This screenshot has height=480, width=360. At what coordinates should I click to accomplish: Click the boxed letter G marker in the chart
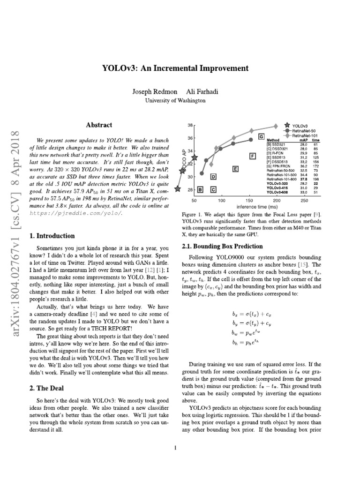(x=261, y=136)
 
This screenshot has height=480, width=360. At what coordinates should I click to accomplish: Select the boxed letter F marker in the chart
(x=253, y=156)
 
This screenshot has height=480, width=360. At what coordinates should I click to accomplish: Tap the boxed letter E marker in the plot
(x=235, y=168)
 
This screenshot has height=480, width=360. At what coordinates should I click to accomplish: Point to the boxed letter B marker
(x=200, y=189)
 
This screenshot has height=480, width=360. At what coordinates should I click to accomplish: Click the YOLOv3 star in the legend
(x=287, y=126)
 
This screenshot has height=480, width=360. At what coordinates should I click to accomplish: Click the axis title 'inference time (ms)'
(x=243, y=206)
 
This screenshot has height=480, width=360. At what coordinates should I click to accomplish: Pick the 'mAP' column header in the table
(x=303, y=140)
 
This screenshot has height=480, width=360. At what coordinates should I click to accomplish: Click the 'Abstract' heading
(x=99, y=125)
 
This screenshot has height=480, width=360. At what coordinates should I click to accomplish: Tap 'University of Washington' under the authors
(x=175, y=100)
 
